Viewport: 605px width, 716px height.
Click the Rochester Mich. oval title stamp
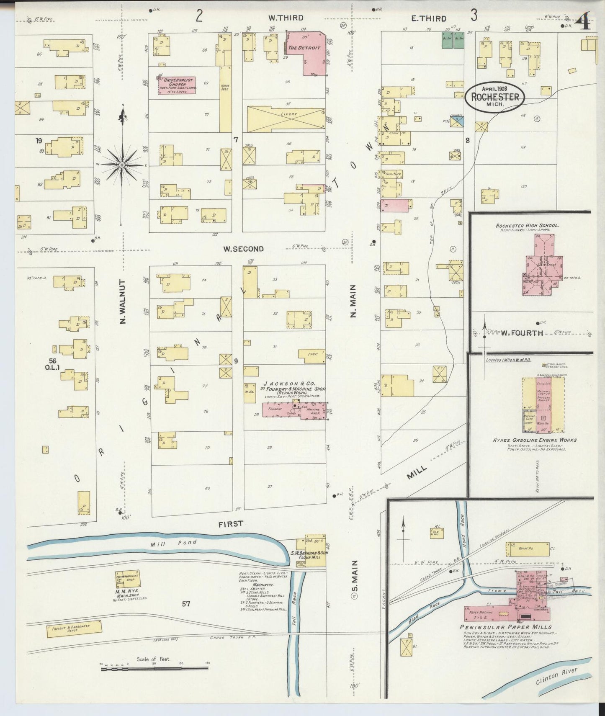(x=494, y=97)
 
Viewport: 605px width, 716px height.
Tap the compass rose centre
(x=121, y=165)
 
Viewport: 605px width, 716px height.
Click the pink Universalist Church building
(x=176, y=85)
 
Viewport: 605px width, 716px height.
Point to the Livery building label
(x=288, y=114)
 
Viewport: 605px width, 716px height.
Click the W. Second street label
(x=243, y=249)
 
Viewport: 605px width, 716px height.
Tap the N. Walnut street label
(x=123, y=301)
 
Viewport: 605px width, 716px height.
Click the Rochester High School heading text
(x=527, y=225)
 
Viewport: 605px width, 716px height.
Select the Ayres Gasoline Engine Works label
(x=534, y=440)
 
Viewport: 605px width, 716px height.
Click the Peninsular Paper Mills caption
(x=505, y=627)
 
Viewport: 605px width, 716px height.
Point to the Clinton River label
(x=556, y=676)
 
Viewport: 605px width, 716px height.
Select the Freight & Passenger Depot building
(x=74, y=629)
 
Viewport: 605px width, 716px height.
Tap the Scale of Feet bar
(x=154, y=668)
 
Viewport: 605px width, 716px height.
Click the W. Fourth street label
(x=522, y=333)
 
